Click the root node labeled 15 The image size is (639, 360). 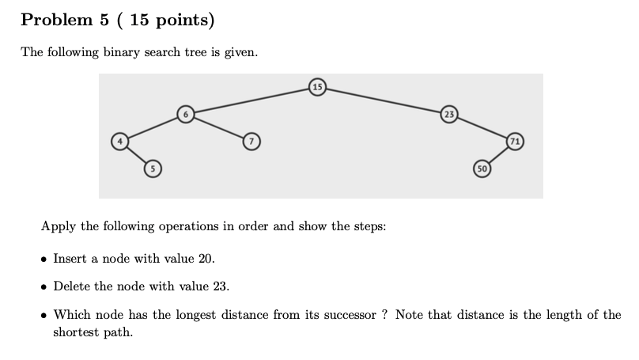pyautogui.click(x=317, y=85)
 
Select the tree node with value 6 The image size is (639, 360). pyautogui.click(x=185, y=115)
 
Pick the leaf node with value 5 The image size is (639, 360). pyautogui.click(x=153, y=167)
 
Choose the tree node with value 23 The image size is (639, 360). pyautogui.click(x=449, y=115)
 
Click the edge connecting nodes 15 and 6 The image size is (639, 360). pyautogui.click(x=251, y=100)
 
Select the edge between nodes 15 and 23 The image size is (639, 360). pyautogui.click(x=384, y=100)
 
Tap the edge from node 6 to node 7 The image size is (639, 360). pyautogui.click(x=218, y=128)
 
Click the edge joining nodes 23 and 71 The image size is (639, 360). pyautogui.click(x=482, y=128)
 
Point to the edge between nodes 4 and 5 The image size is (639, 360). pyautogui.click(x=136, y=155)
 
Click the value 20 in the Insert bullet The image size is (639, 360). pyautogui.click(x=205, y=259)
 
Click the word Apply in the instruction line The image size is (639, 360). pyautogui.click(x=59, y=226)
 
